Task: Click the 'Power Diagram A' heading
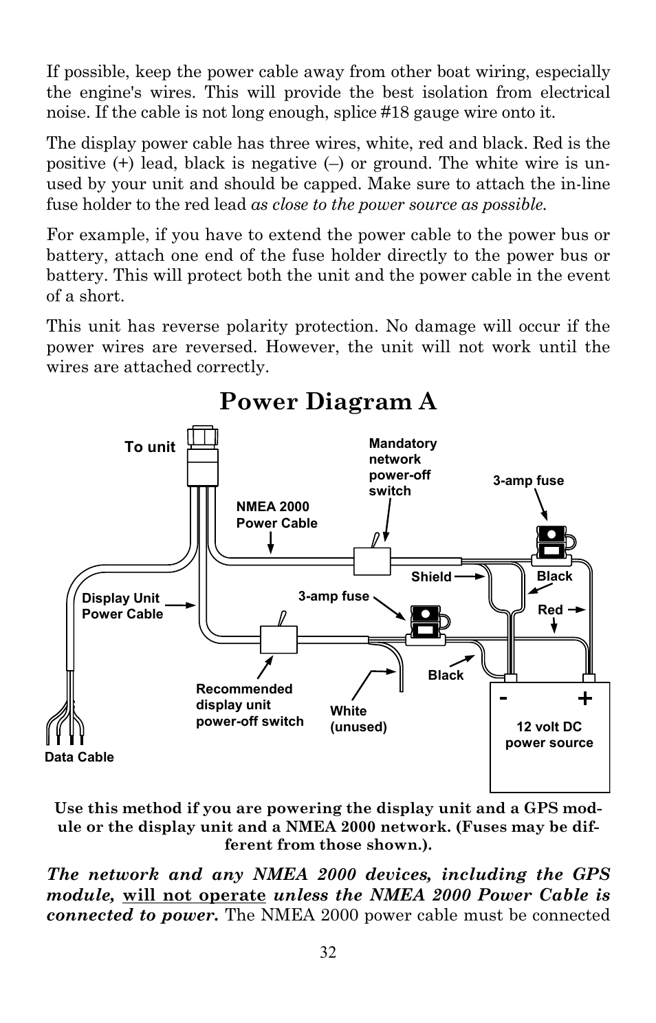coord(328,402)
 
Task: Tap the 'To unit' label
coord(150,446)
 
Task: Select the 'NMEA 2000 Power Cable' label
coord(276,515)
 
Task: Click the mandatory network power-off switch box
coord(372,561)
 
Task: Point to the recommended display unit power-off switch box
coord(278,639)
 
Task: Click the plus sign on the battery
coord(584,698)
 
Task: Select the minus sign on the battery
coord(503,698)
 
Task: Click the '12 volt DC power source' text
coord(549,734)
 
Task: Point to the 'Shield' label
coord(431,577)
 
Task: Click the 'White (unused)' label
coord(358,719)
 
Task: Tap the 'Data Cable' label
coord(80,757)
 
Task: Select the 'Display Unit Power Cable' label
coord(122,606)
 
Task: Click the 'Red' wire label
coord(550,610)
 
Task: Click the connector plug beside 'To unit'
coord(203,456)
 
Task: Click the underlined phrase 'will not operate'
coord(194,895)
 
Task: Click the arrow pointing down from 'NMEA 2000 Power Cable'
coord(271,542)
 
